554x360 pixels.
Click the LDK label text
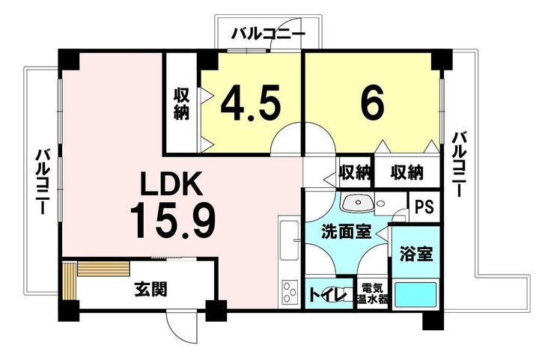click(172, 183)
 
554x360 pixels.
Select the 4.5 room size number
click(251, 103)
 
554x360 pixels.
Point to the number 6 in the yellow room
click(372, 103)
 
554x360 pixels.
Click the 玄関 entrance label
click(151, 290)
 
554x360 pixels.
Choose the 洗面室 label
click(346, 233)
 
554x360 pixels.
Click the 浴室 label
click(415, 253)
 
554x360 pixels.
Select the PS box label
click(424, 207)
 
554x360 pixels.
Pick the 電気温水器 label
click(373, 293)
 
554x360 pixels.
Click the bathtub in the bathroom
click(415, 295)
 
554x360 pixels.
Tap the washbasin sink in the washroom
click(357, 203)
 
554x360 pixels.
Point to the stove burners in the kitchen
click(289, 291)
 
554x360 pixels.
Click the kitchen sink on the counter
click(289, 240)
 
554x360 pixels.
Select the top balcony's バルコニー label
click(268, 34)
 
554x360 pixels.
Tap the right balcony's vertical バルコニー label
click(459, 164)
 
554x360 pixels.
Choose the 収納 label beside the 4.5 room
click(182, 103)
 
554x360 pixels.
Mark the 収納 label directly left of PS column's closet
click(355, 172)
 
